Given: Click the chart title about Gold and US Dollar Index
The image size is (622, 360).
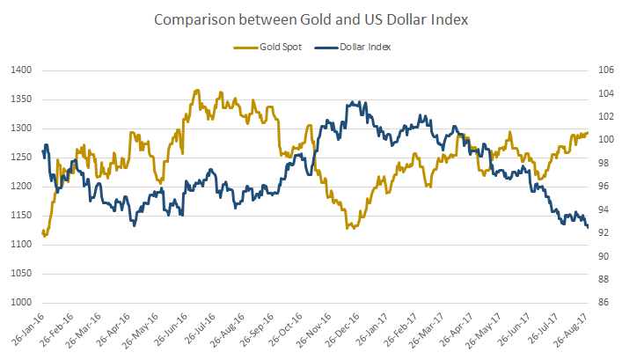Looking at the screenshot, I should click(311, 18).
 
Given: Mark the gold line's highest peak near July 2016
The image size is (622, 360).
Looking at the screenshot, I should click(197, 91).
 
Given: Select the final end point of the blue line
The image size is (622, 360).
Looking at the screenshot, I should click(588, 227).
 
